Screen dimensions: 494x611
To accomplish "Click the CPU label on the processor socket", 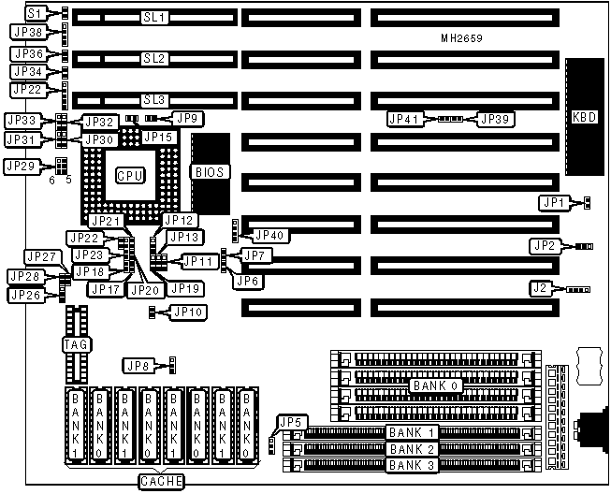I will coord(129,175).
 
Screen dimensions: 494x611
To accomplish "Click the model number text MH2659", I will coord(467,37).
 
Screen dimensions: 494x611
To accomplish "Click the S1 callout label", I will coord(36,13).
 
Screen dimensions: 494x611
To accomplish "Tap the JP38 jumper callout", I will coord(28,33).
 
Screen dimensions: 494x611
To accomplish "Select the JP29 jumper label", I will coord(22,166).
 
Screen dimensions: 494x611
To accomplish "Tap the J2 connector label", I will coord(541,289).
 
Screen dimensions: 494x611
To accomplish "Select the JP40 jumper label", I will coord(269,235).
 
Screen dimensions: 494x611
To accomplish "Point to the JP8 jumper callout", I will coord(138,365).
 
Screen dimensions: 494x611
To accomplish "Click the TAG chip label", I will coord(75,346).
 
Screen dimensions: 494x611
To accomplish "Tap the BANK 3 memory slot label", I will coord(412,465).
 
